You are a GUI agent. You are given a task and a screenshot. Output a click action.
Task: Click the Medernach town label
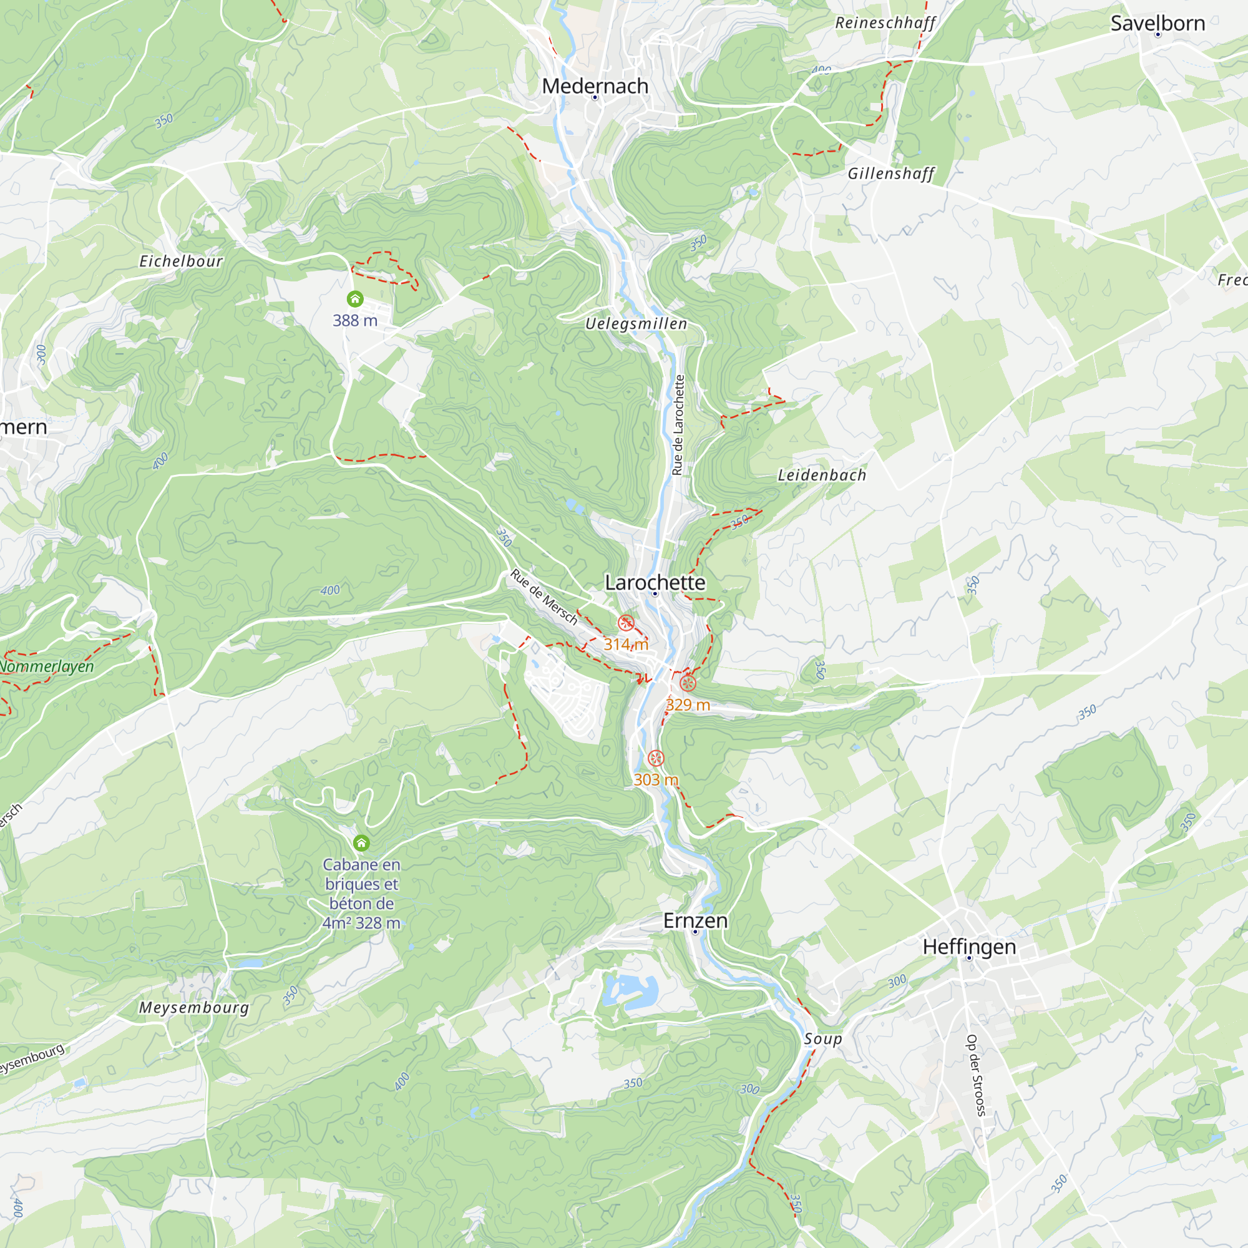(x=594, y=86)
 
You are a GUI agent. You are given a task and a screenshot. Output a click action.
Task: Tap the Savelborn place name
(x=1157, y=23)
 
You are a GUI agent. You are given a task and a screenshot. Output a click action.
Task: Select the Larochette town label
(x=655, y=582)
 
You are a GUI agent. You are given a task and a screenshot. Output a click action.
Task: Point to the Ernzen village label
(x=695, y=920)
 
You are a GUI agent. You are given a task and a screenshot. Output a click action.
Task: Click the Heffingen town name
(x=969, y=947)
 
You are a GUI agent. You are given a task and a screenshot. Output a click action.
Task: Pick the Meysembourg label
(x=194, y=1008)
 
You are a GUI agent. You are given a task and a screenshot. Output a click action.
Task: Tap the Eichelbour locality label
(x=181, y=261)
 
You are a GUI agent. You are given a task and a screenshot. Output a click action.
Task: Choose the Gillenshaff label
(x=891, y=173)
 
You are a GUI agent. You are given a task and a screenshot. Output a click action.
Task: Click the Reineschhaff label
(x=885, y=23)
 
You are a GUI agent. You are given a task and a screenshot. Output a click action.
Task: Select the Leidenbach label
(x=822, y=475)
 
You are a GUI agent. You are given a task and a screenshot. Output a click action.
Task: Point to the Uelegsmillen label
(x=636, y=324)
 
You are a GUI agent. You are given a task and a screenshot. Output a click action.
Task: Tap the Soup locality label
(x=823, y=1039)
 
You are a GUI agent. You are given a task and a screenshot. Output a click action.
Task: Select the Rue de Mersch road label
(x=544, y=597)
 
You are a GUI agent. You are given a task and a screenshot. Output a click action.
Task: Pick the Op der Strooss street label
(x=975, y=1076)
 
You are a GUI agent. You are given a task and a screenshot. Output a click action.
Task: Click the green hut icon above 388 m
(x=354, y=299)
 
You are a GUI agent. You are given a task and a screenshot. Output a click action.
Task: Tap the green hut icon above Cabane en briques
(x=361, y=843)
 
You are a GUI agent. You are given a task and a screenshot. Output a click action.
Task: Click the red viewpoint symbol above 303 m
(x=656, y=758)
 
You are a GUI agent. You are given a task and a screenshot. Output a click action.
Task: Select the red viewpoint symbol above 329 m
(x=688, y=683)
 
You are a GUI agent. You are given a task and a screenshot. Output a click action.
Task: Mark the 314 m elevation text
(x=625, y=644)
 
